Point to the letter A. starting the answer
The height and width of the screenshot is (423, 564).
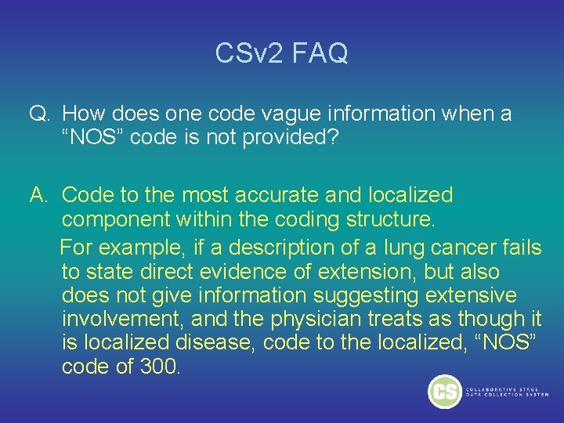(40, 194)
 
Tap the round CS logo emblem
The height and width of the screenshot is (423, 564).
(445, 391)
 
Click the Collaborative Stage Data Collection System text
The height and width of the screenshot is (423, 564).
(507, 392)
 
